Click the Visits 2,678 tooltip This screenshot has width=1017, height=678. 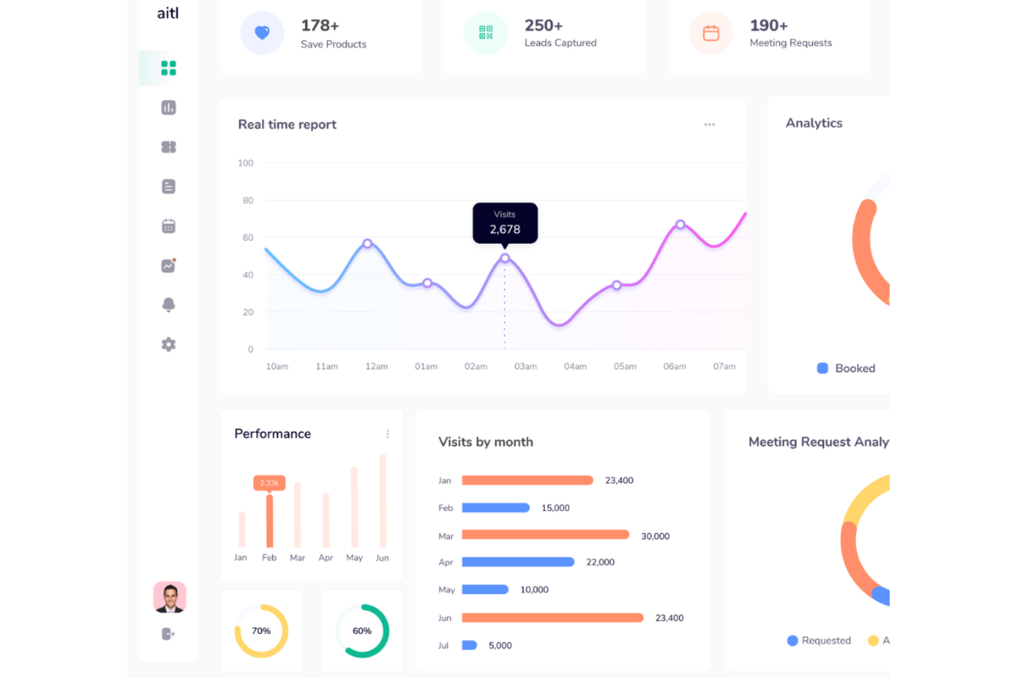tap(505, 223)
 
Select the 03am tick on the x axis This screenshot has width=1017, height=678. tap(526, 367)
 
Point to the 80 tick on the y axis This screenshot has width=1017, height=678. tap(247, 201)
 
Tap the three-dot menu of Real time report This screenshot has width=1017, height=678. tap(709, 124)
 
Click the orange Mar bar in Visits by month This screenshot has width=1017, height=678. tap(545, 535)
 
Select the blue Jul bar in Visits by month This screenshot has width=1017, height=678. tap(469, 646)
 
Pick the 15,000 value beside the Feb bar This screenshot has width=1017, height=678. tap(555, 508)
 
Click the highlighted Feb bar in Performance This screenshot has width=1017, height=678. tap(269, 520)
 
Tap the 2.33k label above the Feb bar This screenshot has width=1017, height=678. tap(269, 483)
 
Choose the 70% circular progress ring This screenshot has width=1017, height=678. tap(261, 631)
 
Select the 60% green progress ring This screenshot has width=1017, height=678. tap(362, 631)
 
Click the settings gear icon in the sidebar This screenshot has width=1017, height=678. tap(168, 345)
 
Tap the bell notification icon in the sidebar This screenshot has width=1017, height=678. tap(168, 305)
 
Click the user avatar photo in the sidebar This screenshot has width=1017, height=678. tap(170, 597)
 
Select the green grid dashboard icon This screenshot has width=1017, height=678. tap(168, 68)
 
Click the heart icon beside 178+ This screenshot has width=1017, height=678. tap(262, 32)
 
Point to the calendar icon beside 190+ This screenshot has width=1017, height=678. tap(711, 33)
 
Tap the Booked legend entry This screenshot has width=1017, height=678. tap(846, 368)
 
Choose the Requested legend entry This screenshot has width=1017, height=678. tap(818, 640)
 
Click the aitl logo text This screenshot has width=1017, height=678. tap(168, 13)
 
